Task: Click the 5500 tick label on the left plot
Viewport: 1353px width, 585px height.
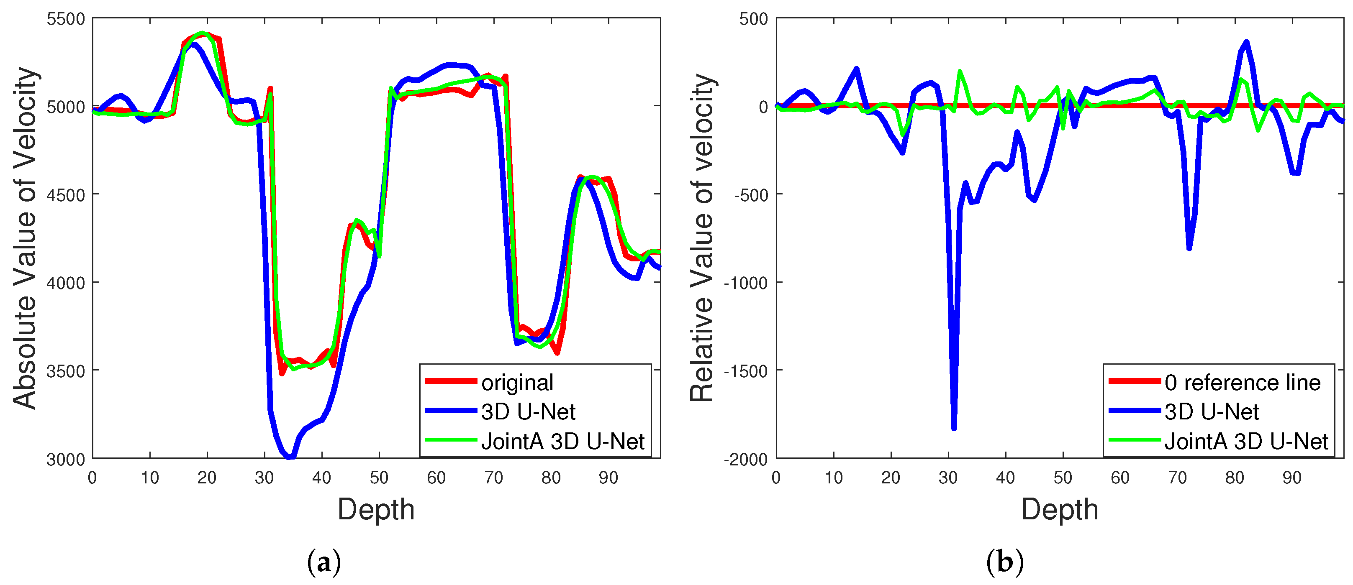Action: tap(66, 19)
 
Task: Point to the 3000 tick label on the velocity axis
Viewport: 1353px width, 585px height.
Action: tap(66, 460)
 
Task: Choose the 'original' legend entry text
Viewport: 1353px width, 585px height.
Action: tap(517, 383)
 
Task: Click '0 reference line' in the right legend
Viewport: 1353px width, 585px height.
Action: tap(1242, 383)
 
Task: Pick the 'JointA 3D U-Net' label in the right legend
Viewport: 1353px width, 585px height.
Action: tap(1246, 442)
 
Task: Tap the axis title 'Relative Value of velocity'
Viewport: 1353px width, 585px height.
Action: tap(702, 239)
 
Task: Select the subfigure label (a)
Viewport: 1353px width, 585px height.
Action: tap(323, 563)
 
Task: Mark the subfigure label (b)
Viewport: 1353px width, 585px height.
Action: tap(1005, 563)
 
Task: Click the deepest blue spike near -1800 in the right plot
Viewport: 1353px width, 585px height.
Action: tap(954, 428)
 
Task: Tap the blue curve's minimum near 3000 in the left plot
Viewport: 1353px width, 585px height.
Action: tap(290, 457)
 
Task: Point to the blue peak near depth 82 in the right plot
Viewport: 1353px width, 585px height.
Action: tap(1246, 42)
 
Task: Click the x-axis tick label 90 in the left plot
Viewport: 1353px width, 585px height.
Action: tap(608, 478)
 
